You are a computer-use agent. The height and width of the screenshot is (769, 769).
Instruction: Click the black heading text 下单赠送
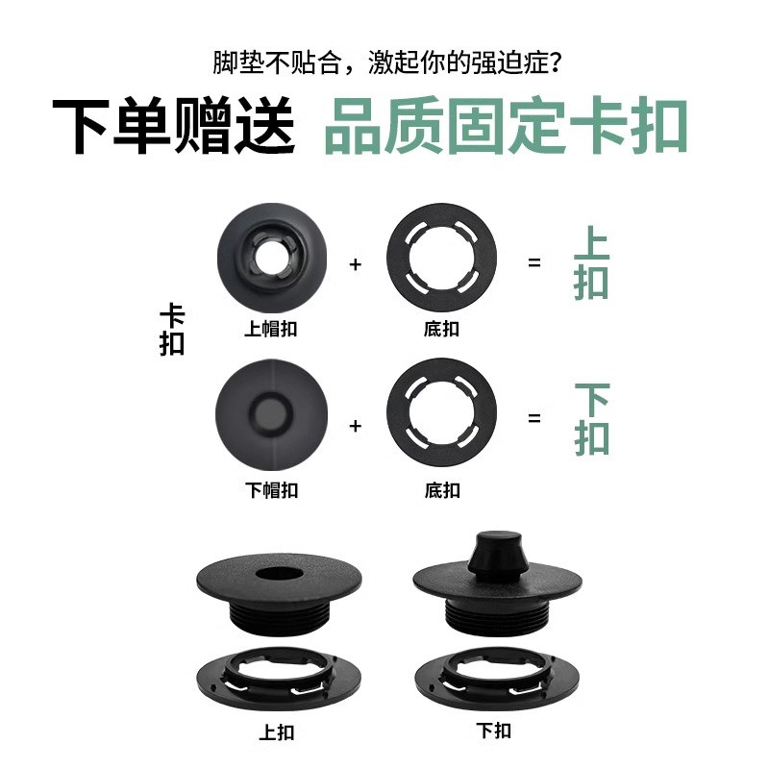(x=173, y=126)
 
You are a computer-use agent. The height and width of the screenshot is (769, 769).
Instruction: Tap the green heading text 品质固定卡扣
(x=507, y=126)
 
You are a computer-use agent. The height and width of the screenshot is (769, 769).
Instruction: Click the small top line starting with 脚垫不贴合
(x=387, y=63)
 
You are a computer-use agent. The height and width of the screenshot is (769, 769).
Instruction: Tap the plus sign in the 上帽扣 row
(x=356, y=262)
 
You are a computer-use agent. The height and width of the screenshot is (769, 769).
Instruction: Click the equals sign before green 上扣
(x=534, y=262)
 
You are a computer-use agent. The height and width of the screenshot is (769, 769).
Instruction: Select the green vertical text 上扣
(x=591, y=262)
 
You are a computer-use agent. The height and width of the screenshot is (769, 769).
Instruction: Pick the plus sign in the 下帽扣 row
(x=356, y=424)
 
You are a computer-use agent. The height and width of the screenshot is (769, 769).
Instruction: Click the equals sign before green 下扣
(x=534, y=419)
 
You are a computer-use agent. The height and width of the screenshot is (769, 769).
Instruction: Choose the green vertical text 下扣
(x=591, y=419)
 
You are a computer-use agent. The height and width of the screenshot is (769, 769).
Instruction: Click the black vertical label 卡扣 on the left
(x=172, y=330)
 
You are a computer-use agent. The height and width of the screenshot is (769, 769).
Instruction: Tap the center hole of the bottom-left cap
(x=279, y=575)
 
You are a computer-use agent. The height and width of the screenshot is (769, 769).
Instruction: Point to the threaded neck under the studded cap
(x=497, y=612)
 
